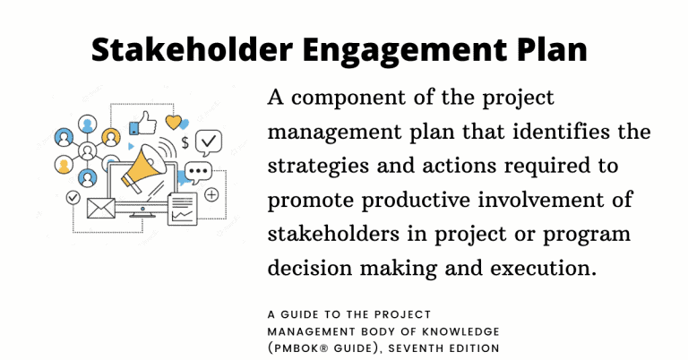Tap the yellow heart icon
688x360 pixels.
(x=173, y=123)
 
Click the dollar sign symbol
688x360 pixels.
(x=185, y=142)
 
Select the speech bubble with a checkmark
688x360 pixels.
(x=209, y=141)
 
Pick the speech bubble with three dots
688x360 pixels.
(x=199, y=172)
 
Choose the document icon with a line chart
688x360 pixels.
(x=183, y=209)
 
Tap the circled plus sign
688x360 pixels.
(x=212, y=194)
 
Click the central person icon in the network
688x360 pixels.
(x=88, y=150)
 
